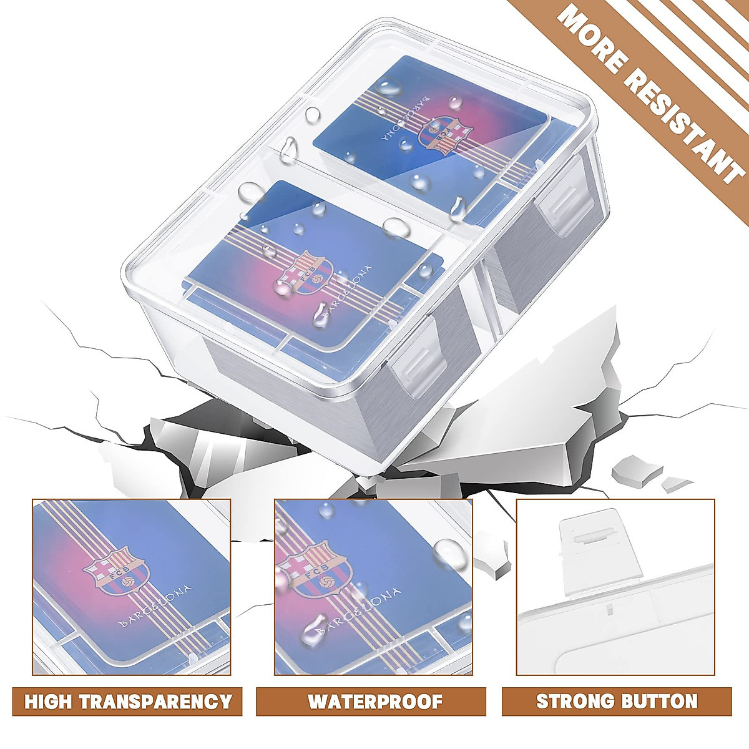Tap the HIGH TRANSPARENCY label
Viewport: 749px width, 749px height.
point(128,701)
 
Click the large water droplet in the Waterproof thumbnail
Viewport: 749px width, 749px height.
point(449,552)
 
